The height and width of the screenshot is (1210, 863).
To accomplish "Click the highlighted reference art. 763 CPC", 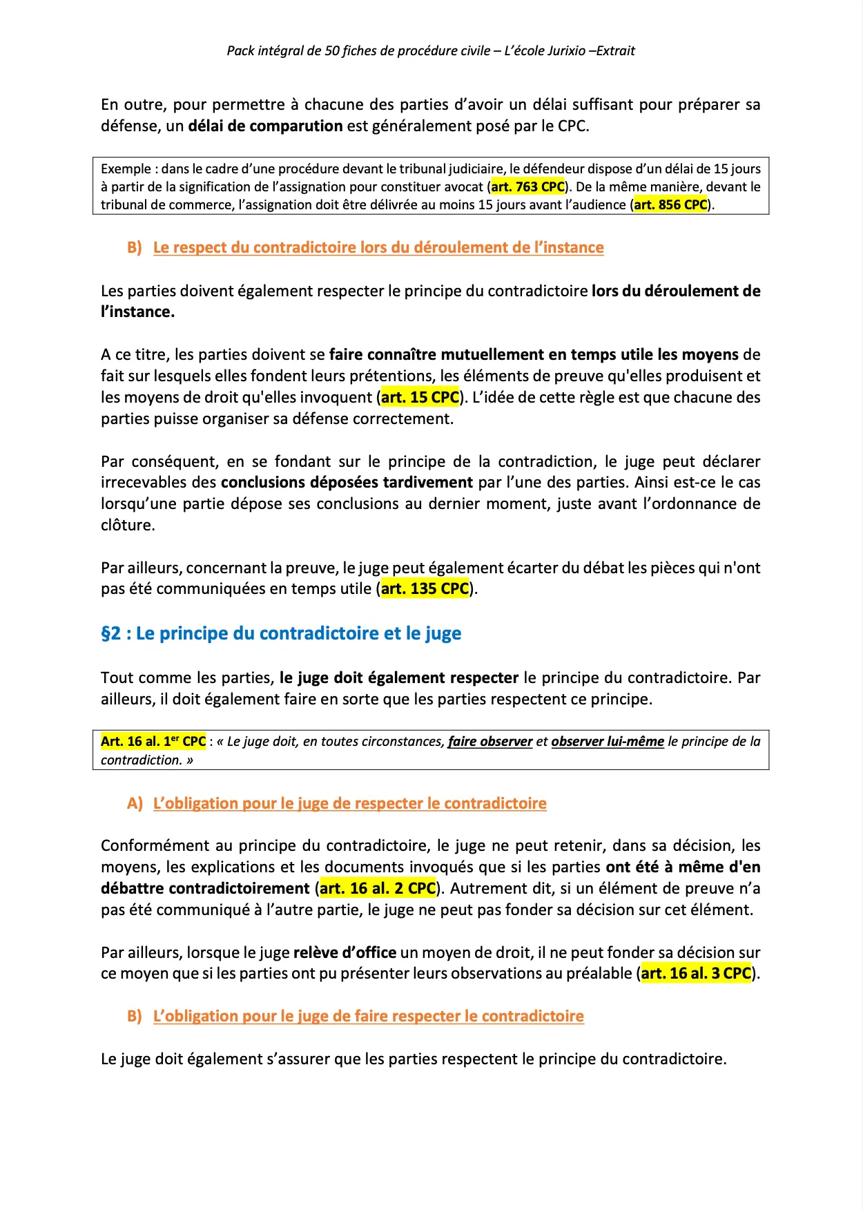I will (x=527, y=187).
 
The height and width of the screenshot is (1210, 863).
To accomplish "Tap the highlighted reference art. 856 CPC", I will (x=670, y=205).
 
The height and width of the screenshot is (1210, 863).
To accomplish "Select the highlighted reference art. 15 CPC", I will (x=420, y=398).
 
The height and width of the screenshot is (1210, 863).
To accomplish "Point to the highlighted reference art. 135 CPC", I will (x=425, y=589).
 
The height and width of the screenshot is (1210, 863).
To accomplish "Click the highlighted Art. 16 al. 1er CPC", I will (x=153, y=742).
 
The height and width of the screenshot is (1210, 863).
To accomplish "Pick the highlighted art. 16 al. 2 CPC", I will (x=378, y=889).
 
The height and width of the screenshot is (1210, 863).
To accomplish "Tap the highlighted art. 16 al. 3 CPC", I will (x=696, y=974).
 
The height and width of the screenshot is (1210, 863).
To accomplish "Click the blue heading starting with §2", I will (x=281, y=634).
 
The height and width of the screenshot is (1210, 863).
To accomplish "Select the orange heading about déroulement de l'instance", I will (x=378, y=248).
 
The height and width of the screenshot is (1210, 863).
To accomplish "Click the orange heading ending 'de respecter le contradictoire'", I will (x=349, y=804).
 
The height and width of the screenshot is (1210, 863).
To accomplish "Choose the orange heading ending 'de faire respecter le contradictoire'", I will (x=368, y=1017).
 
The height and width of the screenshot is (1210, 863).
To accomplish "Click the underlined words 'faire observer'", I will (x=490, y=742).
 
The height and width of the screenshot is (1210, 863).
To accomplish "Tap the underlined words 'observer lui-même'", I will (x=608, y=742).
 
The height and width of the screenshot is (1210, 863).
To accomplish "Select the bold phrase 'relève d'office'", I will (x=345, y=953).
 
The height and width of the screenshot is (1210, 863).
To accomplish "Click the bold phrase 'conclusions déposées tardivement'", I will (x=347, y=483).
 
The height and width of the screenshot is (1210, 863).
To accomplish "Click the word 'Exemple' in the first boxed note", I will (x=126, y=169).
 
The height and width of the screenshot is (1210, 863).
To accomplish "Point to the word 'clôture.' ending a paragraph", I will (x=128, y=526).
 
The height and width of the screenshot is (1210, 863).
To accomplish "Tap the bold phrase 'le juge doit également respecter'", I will (x=398, y=678).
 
